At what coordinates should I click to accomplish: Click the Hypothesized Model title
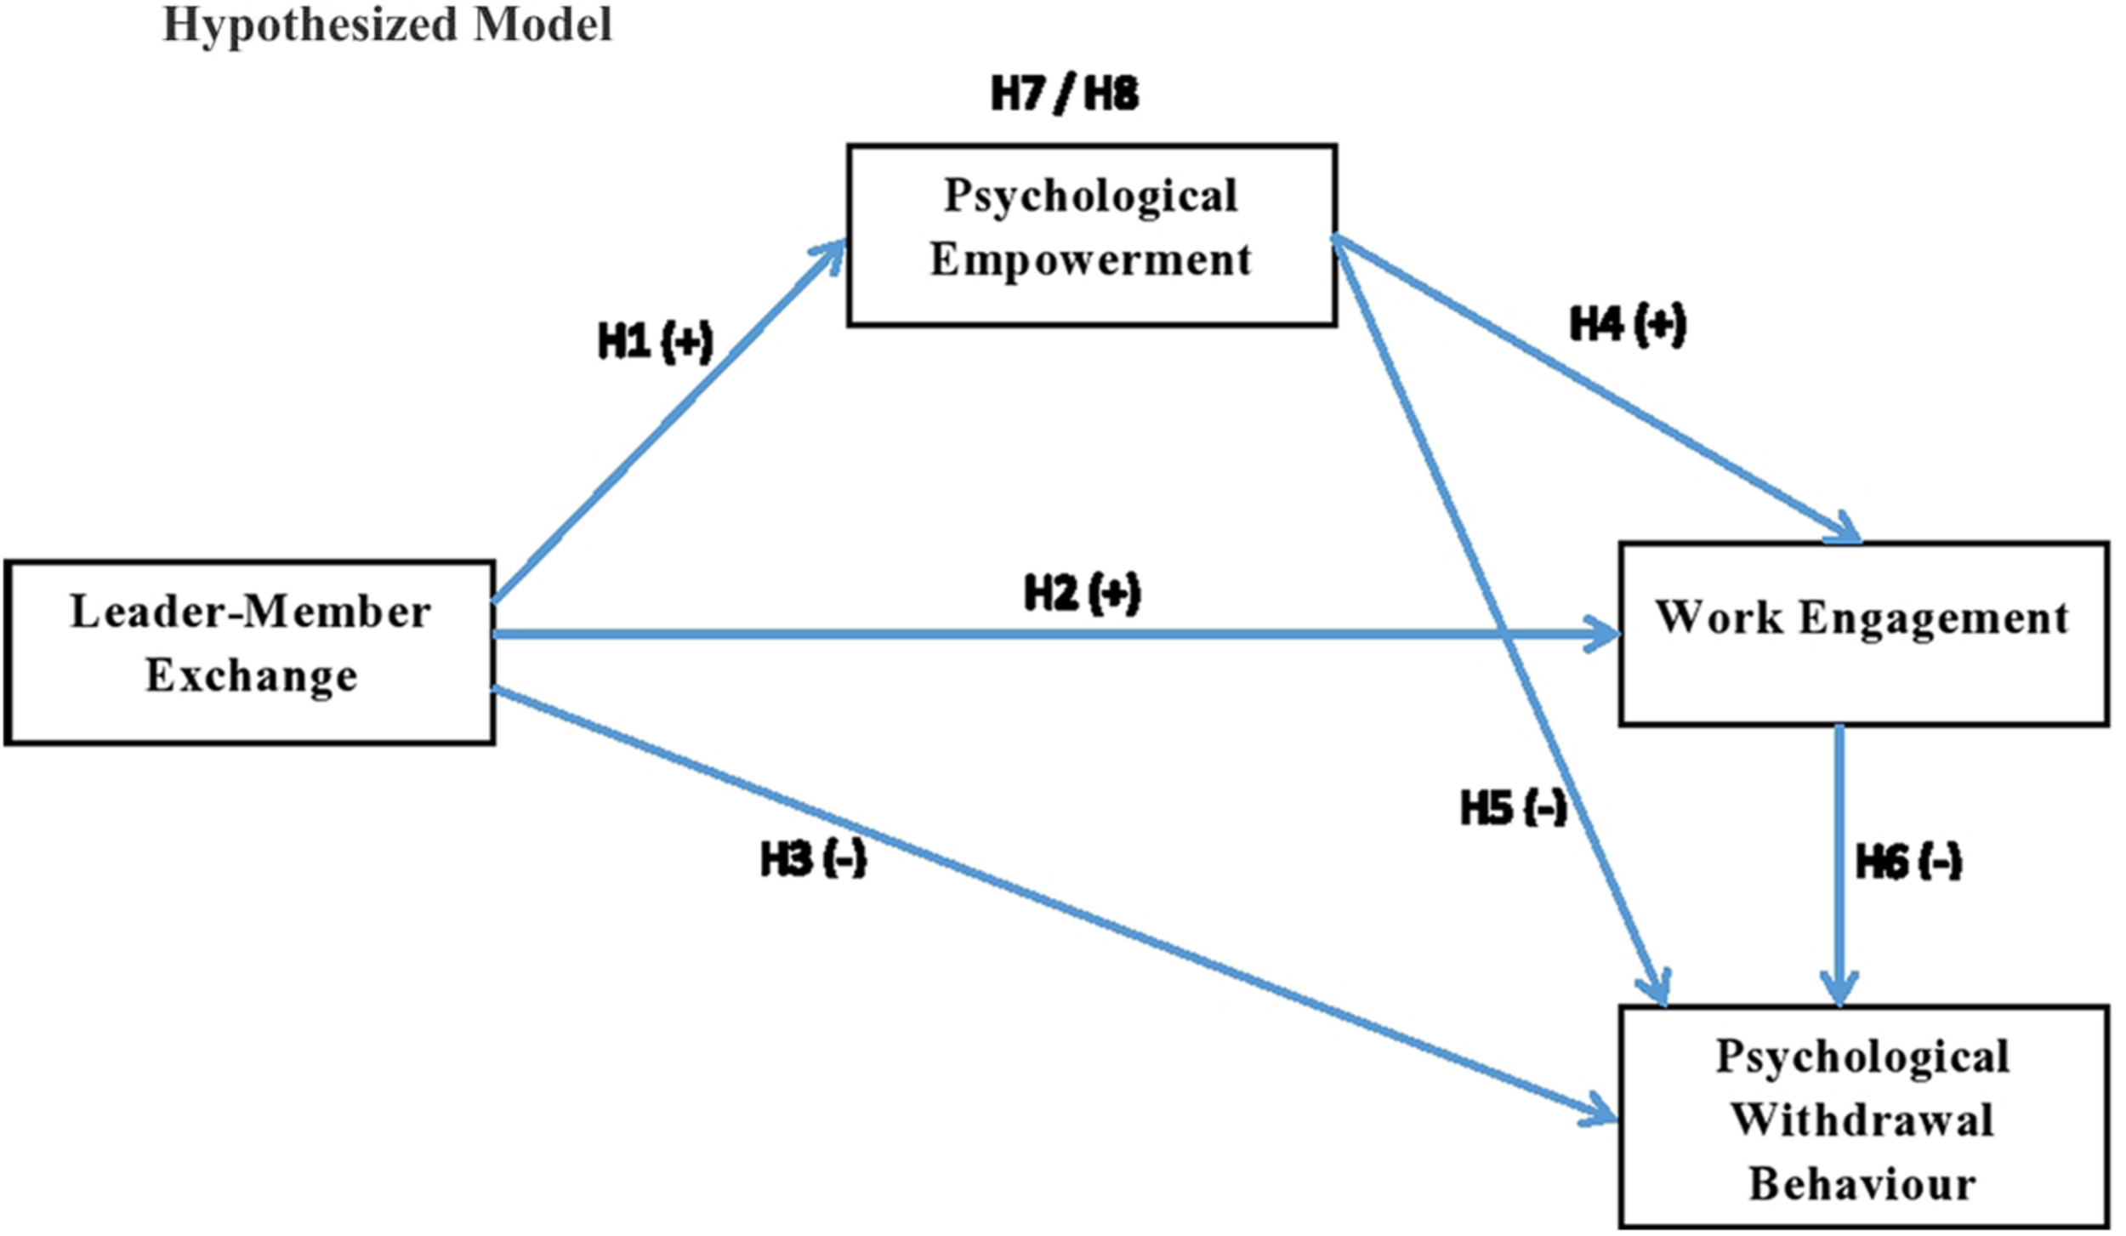click(x=387, y=24)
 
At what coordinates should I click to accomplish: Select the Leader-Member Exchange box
click(x=249, y=652)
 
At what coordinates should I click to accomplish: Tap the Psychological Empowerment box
click(x=1091, y=234)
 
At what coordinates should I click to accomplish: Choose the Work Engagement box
click(x=1862, y=634)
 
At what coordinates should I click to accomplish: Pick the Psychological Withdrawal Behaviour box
click(x=1862, y=1117)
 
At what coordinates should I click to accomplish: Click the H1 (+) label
click(x=655, y=342)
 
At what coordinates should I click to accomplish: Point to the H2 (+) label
click(x=1082, y=593)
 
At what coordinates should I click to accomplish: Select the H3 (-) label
click(x=812, y=859)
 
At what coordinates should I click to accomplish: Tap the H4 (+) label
click(x=1627, y=324)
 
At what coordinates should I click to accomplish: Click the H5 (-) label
click(x=1513, y=807)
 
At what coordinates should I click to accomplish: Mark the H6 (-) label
click(x=1908, y=862)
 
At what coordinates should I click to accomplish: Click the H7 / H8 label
click(x=1064, y=94)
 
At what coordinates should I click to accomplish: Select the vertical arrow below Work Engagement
click(x=1839, y=863)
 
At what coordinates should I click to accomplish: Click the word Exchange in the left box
click(x=252, y=676)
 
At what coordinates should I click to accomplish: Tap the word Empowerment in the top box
click(x=1090, y=259)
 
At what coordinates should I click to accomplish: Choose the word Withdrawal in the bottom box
click(x=1862, y=1119)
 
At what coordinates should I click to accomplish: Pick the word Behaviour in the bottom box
click(x=1862, y=1183)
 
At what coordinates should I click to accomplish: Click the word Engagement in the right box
click(x=1934, y=619)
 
